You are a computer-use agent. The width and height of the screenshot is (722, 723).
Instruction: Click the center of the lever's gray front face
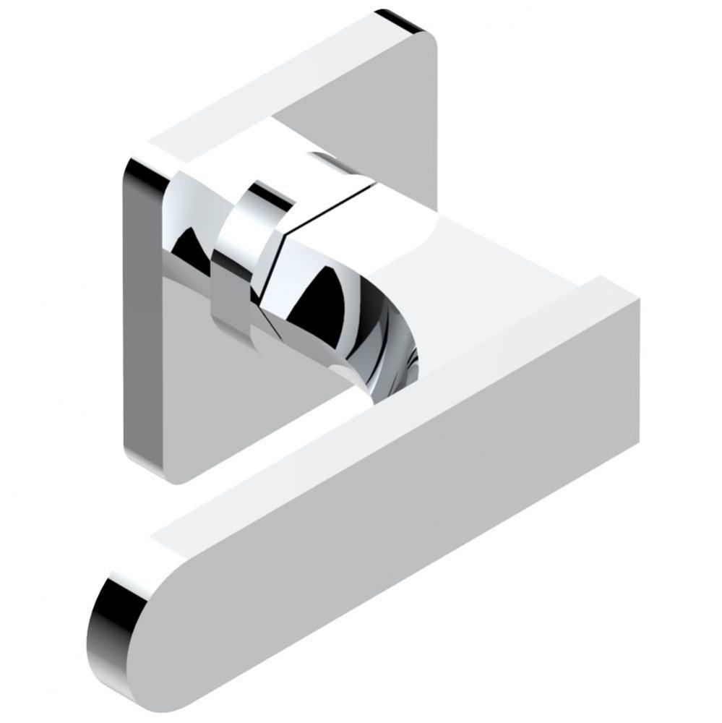tap(405, 549)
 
